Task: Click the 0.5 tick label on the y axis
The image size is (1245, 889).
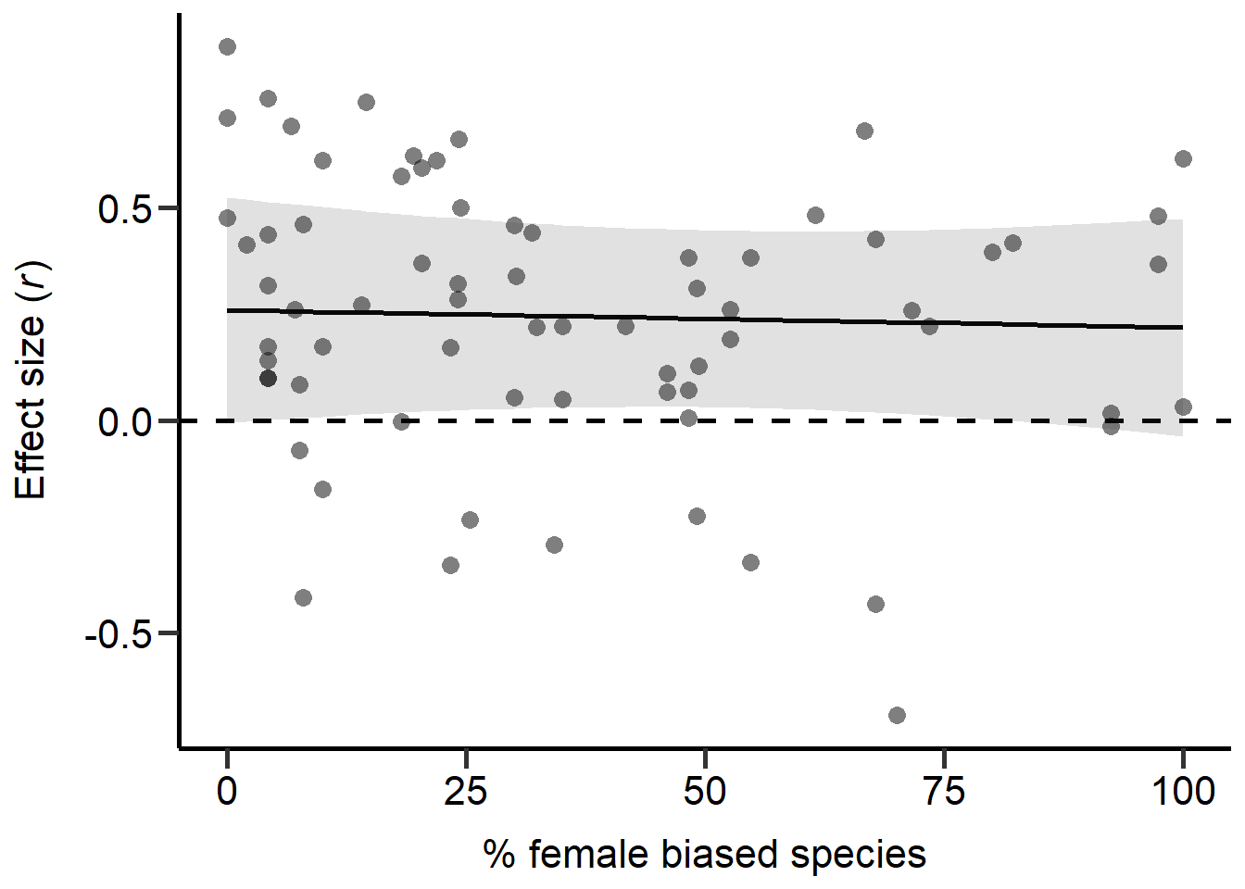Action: (x=124, y=209)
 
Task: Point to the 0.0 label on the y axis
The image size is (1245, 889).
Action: (x=124, y=422)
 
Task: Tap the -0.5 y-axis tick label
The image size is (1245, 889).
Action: (x=117, y=635)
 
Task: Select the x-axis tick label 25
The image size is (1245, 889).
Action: (x=465, y=792)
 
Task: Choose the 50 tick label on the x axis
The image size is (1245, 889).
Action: (x=705, y=792)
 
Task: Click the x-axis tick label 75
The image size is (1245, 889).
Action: (x=944, y=792)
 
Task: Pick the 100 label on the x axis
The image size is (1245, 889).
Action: (x=1183, y=792)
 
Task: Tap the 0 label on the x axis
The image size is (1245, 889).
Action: (x=227, y=792)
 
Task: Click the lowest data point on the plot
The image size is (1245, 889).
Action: (x=897, y=715)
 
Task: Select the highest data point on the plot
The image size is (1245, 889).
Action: (x=227, y=47)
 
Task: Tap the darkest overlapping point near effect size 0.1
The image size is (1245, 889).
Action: (x=268, y=378)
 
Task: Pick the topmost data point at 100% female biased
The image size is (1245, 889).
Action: (x=1183, y=159)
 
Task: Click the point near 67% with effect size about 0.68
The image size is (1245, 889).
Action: (x=864, y=131)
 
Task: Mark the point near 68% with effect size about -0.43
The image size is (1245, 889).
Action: (x=875, y=604)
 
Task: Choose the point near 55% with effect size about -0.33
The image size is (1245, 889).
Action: (x=750, y=562)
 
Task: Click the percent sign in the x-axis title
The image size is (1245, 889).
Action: (x=498, y=854)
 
